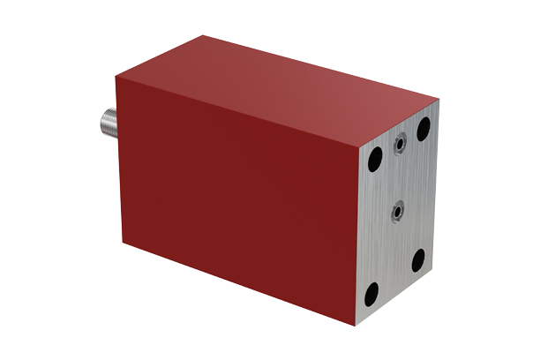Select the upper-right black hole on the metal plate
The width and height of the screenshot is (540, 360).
click(x=424, y=129)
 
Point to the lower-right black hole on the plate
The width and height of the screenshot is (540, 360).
click(x=418, y=259)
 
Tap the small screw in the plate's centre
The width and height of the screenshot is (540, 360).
click(x=399, y=210)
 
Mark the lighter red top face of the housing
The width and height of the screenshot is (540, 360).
click(x=300, y=88)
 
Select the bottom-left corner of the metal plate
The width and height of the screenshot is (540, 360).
click(x=357, y=325)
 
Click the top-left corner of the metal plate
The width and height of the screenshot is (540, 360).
click(x=361, y=146)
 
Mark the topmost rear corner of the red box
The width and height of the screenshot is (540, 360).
click(x=205, y=35)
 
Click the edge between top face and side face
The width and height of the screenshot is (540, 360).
click(x=238, y=112)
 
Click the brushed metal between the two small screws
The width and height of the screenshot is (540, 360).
click(x=400, y=176)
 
